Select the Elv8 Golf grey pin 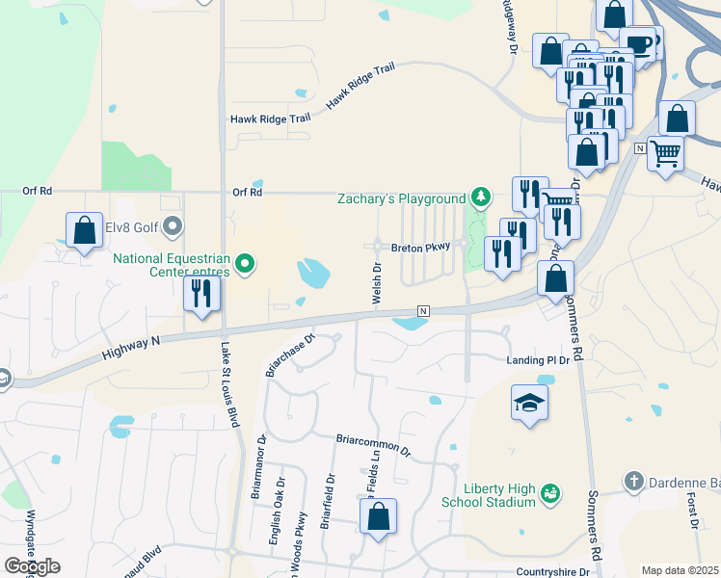pyautogui.click(x=173, y=227)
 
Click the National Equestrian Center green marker pyautogui.click(x=245, y=262)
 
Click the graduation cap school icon pyautogui.click(x=529, y=402)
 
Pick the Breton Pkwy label pyautogui.click(x=421, y=248)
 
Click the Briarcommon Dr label pyautogui.click(x=373, y=445)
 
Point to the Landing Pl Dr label pyautogui.click(x=540, y=360)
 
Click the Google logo pyautogui.click(x=33, y=565)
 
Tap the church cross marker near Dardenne pyautogui.click(x=633, y=480)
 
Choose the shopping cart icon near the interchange pyautogui.click(x=665, y=152)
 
